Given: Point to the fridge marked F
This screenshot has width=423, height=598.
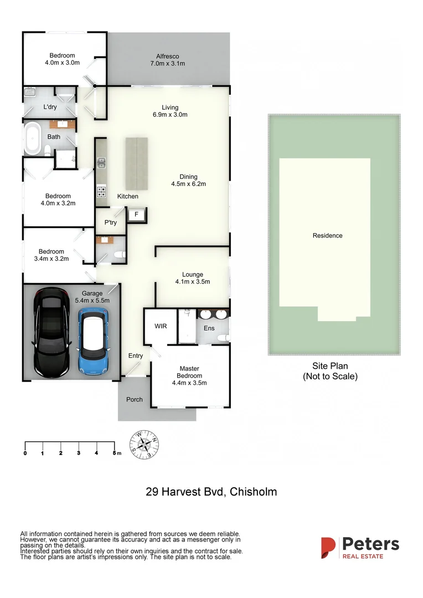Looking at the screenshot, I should [136, 214].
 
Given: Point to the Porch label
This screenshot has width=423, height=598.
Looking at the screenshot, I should [135, 399].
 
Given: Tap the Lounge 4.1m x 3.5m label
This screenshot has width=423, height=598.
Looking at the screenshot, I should [193, 278].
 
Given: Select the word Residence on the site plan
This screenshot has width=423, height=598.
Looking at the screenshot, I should [327, 235].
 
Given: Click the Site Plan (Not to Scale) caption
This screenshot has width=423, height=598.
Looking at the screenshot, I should [330, 371].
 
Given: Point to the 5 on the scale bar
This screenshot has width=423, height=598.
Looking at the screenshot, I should [114, 453].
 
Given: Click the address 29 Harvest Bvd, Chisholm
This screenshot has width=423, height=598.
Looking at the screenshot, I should [211, 491].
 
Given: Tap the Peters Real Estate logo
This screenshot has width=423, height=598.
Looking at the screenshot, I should [360, 547].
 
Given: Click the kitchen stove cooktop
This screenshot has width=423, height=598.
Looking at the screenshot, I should [102, 192].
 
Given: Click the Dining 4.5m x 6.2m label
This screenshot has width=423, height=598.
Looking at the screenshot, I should [192, 181].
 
